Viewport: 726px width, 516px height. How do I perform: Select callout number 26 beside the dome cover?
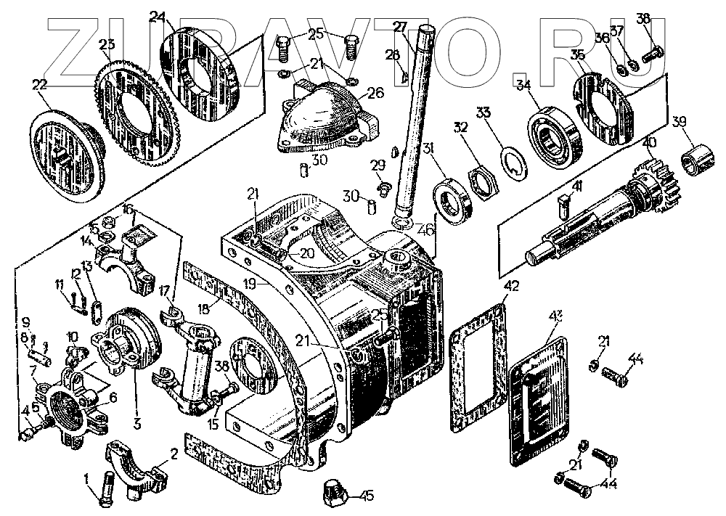click(x=375, y=93)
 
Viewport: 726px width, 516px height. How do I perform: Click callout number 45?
click(x=367, y=497)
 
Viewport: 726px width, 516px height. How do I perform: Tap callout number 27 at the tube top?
click(x=399, y=28)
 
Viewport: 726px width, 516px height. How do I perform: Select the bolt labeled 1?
click(x=107, y=490)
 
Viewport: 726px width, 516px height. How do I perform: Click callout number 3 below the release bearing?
click(x=135, y=420)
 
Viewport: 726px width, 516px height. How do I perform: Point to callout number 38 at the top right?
click(x=643, y=20)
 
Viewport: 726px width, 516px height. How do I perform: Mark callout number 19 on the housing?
click(x=251, y=285)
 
